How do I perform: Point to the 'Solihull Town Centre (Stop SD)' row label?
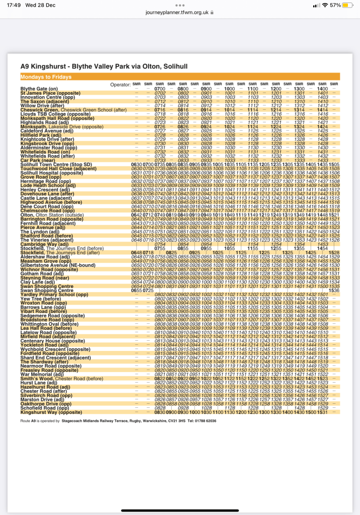(x=56, y=165)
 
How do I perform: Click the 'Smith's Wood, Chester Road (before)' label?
(x=61, y=378)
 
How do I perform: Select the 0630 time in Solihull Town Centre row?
(x=136, y=165)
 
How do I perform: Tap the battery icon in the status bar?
(x=348, y=5)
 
